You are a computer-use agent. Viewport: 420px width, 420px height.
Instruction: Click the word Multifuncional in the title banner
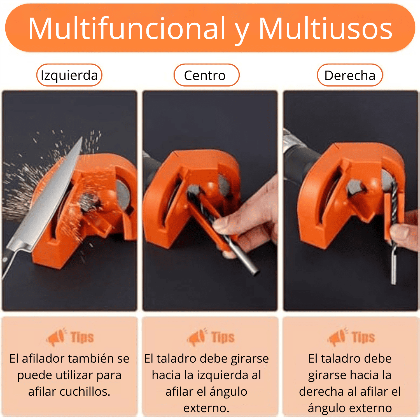coord(127,29)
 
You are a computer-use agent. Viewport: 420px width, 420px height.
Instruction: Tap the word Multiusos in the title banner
coord(325,29)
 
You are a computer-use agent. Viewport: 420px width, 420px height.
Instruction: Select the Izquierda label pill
coord(69,75)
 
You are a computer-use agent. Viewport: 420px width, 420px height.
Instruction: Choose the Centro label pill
coord(206,75)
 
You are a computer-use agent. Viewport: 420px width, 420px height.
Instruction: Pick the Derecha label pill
coord(350,75)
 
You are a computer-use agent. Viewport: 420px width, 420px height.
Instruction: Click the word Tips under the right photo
coord(363,337)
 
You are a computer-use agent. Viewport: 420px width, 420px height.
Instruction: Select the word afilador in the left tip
coord(43,358)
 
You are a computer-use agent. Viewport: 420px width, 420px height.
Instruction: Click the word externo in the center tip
coord(206,408)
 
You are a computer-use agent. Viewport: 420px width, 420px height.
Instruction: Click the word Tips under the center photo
coord(223,337)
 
